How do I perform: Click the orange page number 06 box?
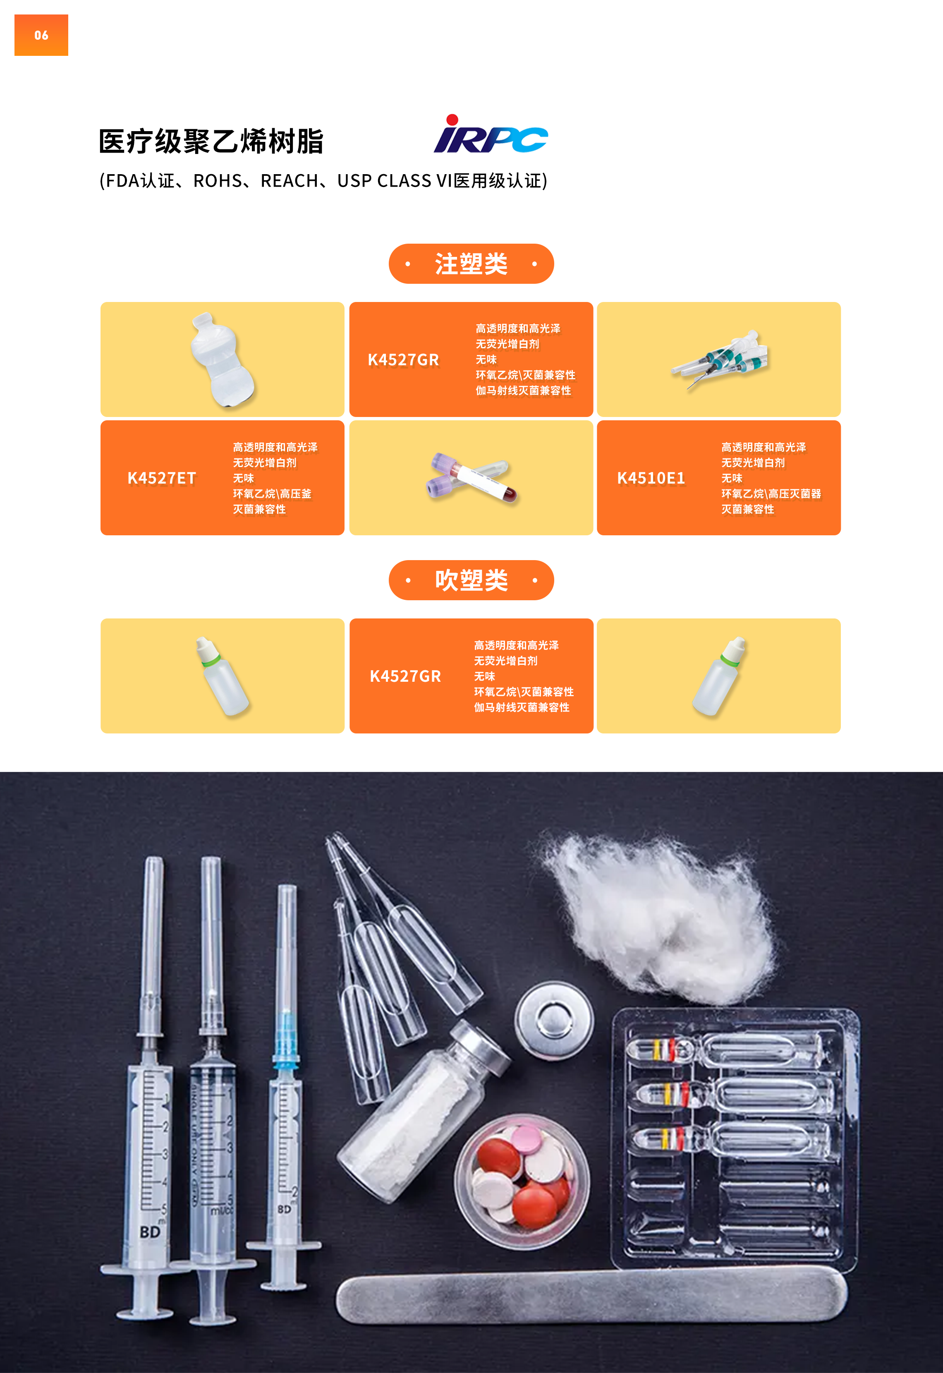(x=41, y=35)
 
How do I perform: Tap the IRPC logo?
(x=491, y=134)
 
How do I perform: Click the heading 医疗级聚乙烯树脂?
(x=211, y=142)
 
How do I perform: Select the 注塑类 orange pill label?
(x=471, y=264)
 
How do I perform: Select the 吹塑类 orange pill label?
(x=471, y=580)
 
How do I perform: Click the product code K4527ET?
(x=161, y=478)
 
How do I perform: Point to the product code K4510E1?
(x=651, y=478)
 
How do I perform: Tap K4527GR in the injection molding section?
(x=404, y=360)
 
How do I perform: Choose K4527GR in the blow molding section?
(x=405, y=676)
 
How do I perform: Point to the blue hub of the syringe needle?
(x=286, y=1040)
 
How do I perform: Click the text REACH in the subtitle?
(x=290, y=181)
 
